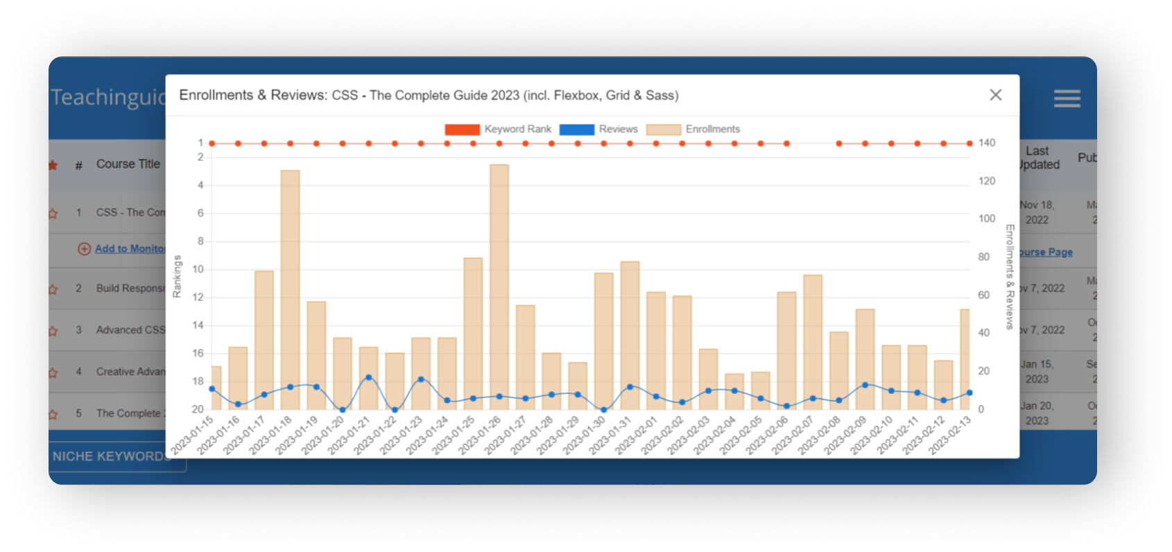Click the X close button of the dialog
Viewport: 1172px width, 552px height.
tap(995, 95)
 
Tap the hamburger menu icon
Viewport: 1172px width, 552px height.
tap(1067, 98)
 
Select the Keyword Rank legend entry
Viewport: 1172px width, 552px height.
tap(498, 130)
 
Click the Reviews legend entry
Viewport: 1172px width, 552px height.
tap(598, 130)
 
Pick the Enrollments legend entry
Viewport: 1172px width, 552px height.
tap(693, 130)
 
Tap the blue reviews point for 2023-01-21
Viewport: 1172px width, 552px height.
tap(368, 378)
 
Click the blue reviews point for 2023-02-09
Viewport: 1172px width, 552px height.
tap(865, 385)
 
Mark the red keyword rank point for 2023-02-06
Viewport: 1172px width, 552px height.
tap(786, 144)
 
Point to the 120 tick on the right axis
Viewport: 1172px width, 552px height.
tap(987, 181)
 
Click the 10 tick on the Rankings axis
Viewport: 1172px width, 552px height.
tap(198, 269)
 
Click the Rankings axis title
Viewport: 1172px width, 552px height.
tap(177, 276)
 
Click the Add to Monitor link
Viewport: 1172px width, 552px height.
tap(129, 248)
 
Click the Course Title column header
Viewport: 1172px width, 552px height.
tap(128, 164)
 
